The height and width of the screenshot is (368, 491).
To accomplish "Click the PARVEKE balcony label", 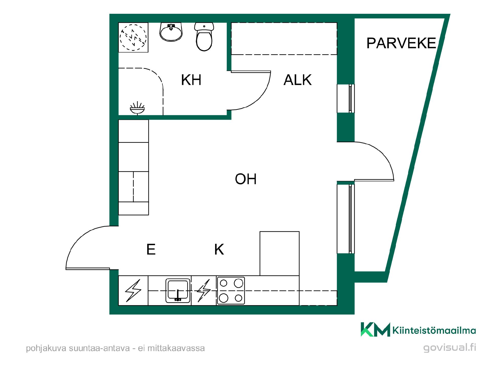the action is pyautogui.click(x=401, y=43).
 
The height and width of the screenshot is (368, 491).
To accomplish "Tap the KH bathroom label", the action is pyautogui.click(x=191, y=80).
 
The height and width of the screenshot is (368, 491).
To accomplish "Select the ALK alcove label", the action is pyautogui.click(x=298, y=80).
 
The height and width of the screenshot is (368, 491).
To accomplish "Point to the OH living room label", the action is pyautogui.click(x=246, y=179).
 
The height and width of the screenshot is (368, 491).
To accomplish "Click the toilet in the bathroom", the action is pyautogui.click(x=204, y=37).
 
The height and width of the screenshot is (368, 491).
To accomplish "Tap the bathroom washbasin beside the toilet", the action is pyautogui.click(x=171, y=32).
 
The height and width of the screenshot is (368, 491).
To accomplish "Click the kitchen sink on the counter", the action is pyautogui.click(x=178, y=290).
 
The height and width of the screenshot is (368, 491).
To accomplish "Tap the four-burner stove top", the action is pyautogui.click(x=231, y=291).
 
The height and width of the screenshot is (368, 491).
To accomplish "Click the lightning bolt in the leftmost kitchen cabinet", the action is pyautogui.click(x=133, y=290).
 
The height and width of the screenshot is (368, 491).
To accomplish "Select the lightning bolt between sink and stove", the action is pyautogui.click(x=204, y=290).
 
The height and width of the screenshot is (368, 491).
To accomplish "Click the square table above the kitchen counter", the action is pyautogui.click(x=280, y=254).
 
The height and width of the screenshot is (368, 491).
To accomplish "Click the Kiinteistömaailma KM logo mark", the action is pyautogui.click(x=375, y=329).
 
